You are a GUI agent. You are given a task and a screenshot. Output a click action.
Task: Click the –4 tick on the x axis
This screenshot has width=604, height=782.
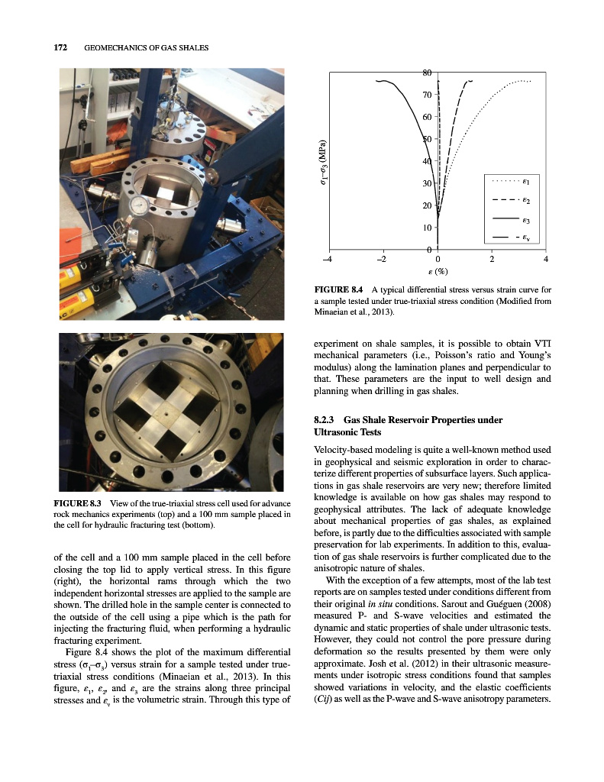(328, 259)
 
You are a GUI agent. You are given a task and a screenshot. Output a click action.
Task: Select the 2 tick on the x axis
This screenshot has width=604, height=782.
(493, 259)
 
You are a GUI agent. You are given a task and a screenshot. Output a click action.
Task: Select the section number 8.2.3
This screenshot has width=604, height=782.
(325, 420)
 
